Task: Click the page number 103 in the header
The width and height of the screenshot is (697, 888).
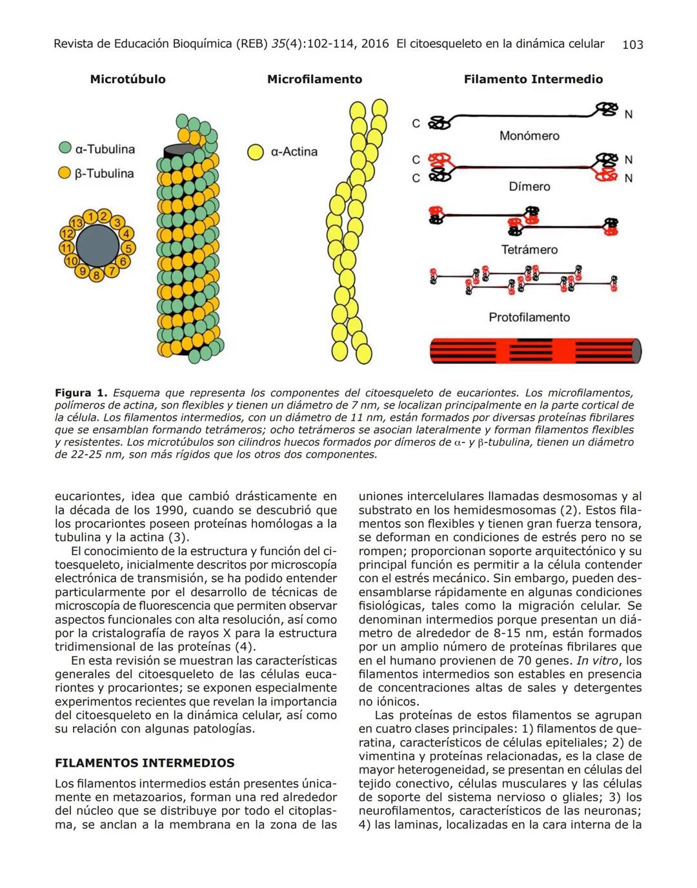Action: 632,45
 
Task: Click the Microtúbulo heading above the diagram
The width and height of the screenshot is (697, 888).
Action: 128,79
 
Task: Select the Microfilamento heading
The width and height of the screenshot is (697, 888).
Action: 314,79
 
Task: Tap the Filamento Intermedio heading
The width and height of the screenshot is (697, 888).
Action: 533,79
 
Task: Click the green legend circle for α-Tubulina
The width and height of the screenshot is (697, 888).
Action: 65,148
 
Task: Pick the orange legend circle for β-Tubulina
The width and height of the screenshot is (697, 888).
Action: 65,173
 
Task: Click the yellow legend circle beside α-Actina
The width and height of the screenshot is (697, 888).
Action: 256,152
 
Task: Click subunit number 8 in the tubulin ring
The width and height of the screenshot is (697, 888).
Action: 96,276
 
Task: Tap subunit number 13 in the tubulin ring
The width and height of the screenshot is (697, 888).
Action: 77,223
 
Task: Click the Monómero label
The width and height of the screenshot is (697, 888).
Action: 529,136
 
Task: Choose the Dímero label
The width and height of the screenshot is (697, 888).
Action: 529,187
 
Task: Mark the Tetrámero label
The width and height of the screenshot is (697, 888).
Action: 529,250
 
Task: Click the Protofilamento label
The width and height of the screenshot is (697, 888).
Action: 529,318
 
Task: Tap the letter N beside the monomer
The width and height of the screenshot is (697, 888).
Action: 628,115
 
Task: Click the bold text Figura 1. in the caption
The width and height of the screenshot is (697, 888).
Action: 81,393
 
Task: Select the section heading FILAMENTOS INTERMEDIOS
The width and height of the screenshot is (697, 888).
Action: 145,763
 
